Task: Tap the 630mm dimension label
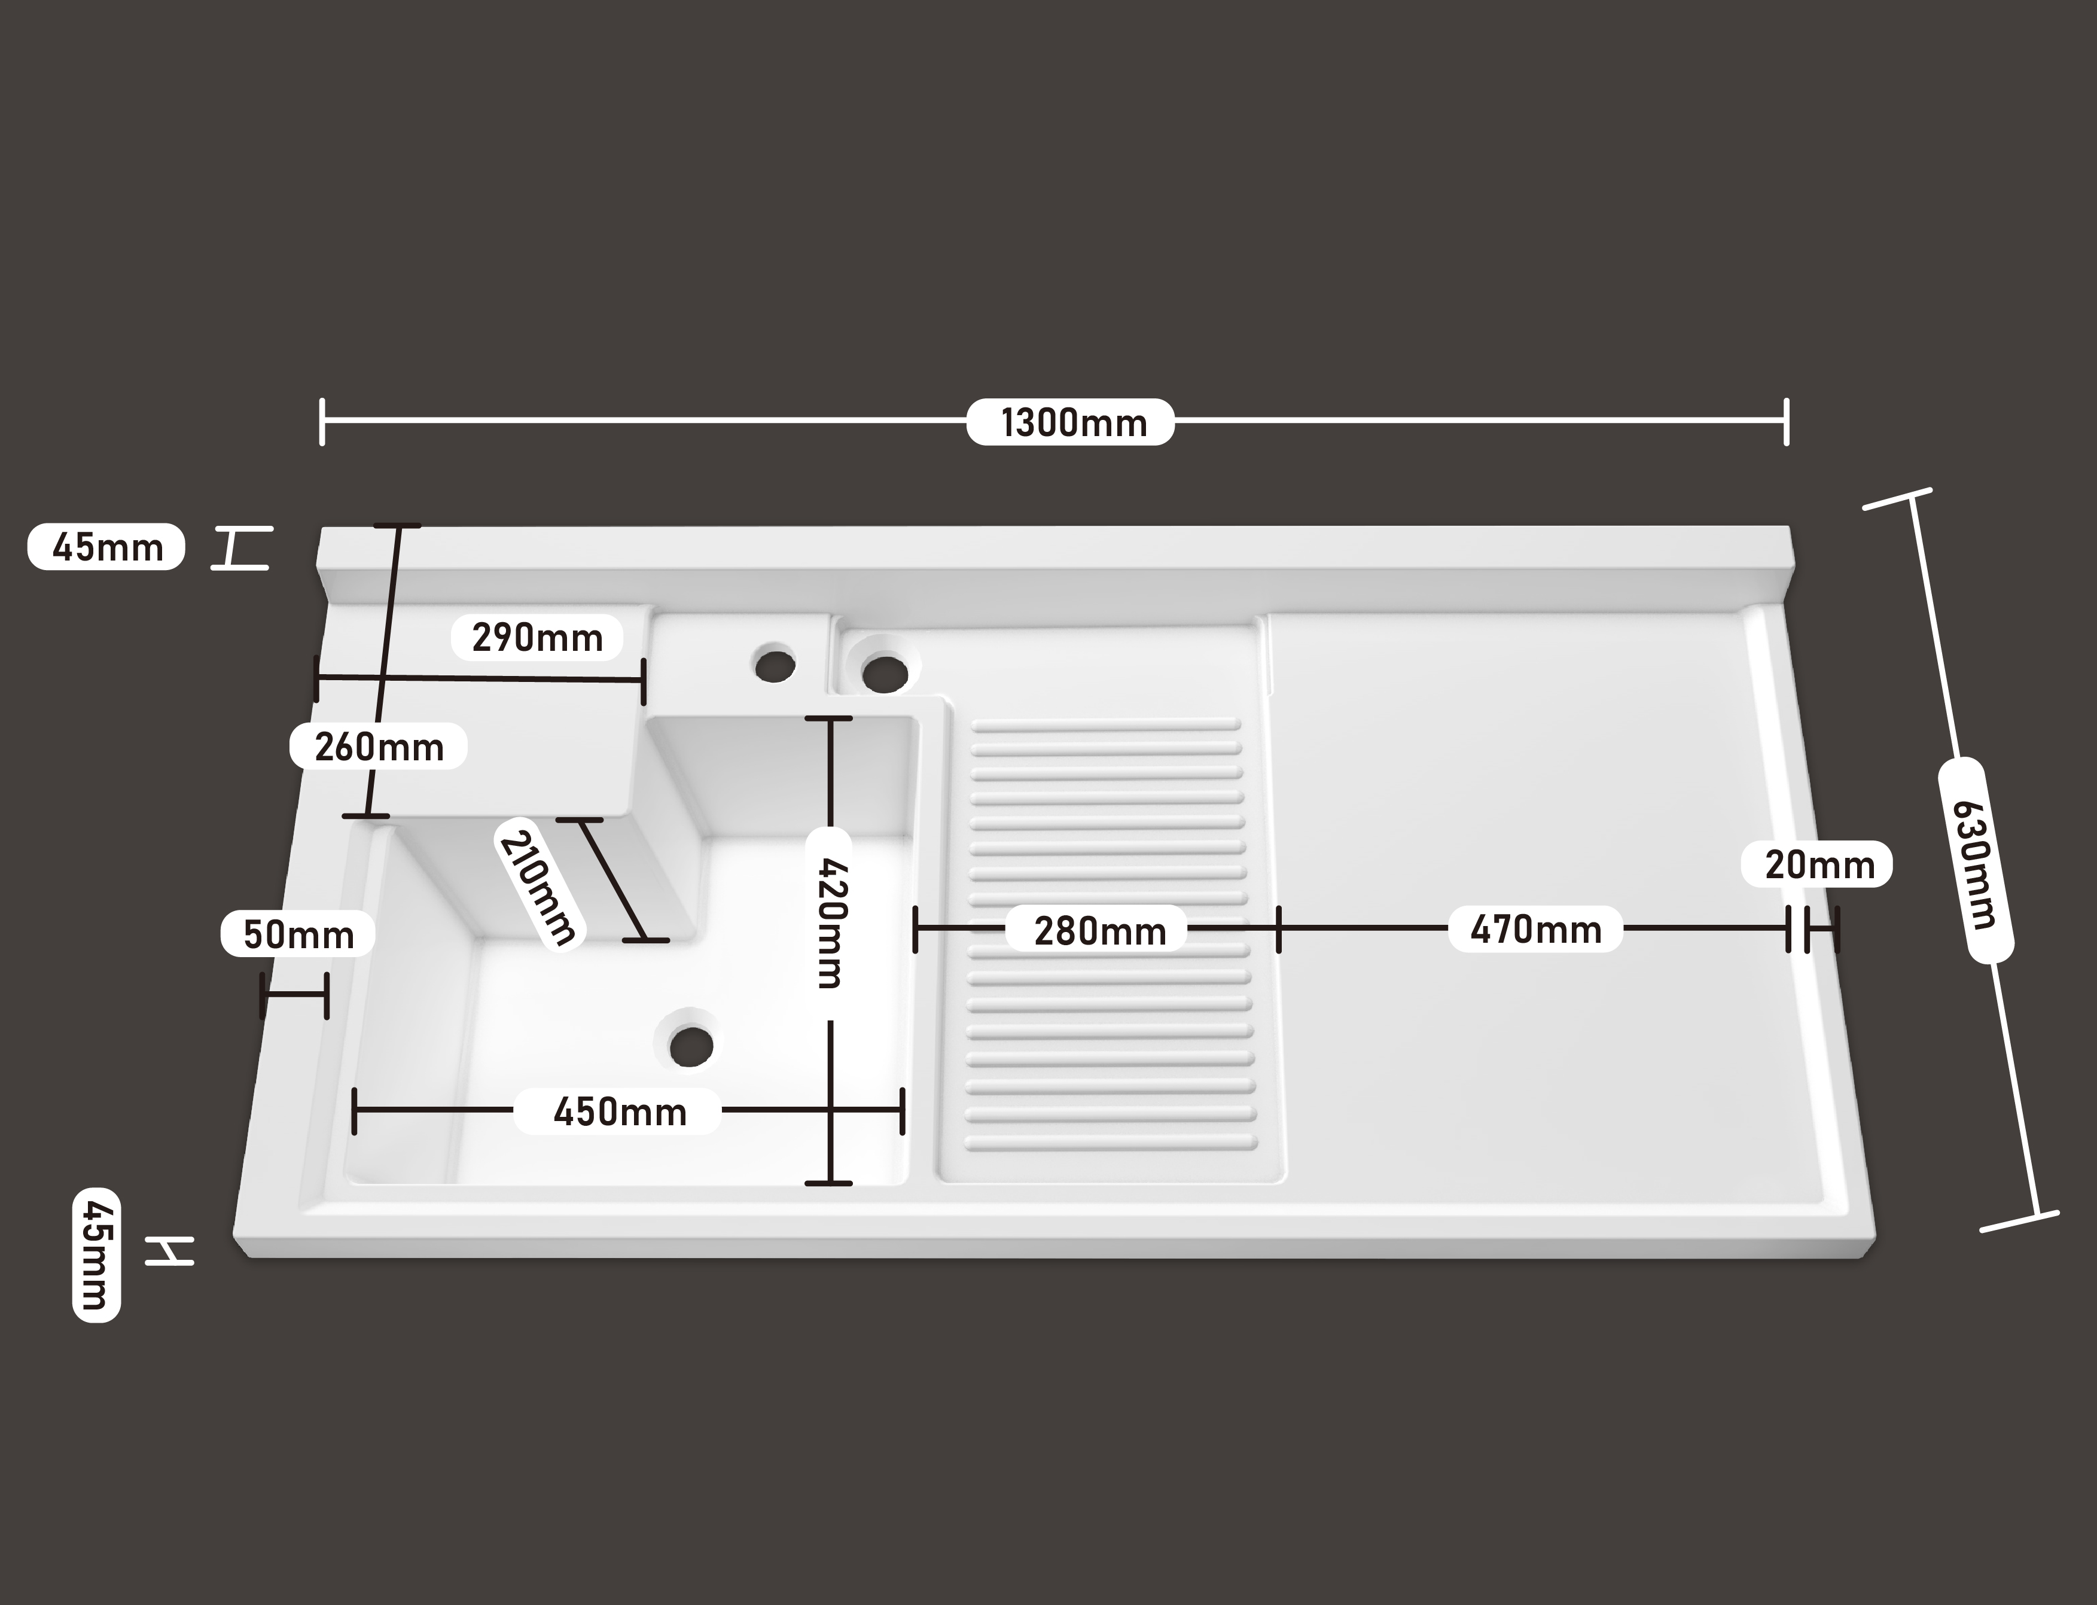pos(1976,860)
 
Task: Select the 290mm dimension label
pos(538,637)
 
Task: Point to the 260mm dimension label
pos(379,746)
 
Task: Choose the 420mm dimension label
pos(831,923)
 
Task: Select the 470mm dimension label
pos(1535,928)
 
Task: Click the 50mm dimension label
pos(298,934)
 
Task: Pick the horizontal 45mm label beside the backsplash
pos(106,547)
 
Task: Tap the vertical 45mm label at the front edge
pos(96,1254)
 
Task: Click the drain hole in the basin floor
pos(691,1046)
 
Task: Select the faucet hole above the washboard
pos(885,672)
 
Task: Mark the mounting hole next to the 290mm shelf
pos(775,664)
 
